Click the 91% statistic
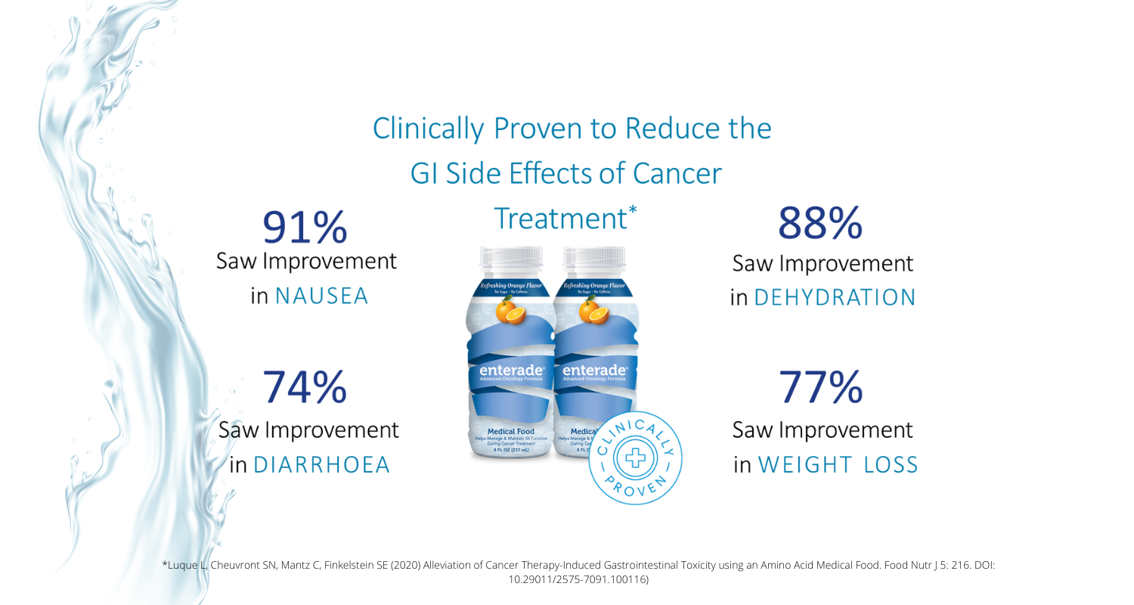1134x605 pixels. click(305, 227)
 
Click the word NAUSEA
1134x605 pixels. click(321, 296)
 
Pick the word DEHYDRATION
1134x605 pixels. click(835, 297)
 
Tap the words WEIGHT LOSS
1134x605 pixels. click(838, 464)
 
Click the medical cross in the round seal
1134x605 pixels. click(635, 458)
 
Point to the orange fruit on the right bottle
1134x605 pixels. click(595, 312)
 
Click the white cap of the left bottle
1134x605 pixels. click(512, 261)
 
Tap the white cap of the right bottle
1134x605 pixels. click(596, 261)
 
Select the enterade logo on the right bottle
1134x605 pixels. click(594, 371)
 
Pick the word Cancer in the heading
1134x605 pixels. click(677, 174)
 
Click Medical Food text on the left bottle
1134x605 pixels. click(511, 431)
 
